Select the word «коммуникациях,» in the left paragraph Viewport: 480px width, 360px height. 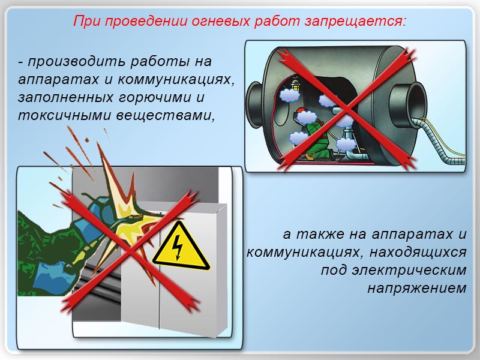pos(176,80)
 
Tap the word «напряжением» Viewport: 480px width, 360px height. pos(417,289)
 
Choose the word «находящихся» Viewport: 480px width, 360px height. pos(418,253)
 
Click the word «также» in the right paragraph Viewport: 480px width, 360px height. pos(331,235)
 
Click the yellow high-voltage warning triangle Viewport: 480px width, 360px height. pos(181,247)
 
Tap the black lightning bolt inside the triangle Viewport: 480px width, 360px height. pos(178,248)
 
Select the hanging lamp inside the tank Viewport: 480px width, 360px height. pos(295,84)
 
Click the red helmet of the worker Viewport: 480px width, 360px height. pos(302,110)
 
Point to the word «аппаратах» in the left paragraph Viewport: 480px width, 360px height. pos(58,80)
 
